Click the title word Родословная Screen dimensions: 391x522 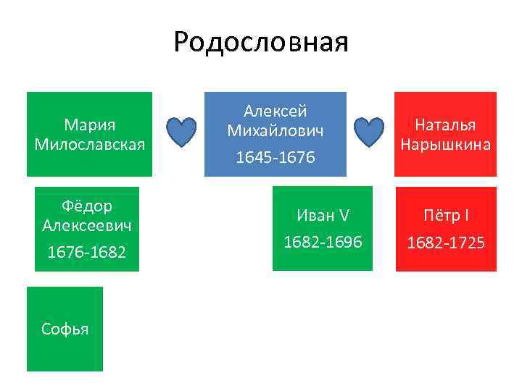[x=261, y=42]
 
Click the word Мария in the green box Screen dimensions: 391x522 [x=90, y=125]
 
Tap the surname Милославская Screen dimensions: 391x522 [x=90, y=143]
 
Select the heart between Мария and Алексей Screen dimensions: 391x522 [x=181, y=133]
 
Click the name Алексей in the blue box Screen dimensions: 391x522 [x=275, y=112]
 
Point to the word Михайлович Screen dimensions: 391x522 [x=275, y=130]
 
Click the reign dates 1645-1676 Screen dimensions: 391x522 [x=275, y=156]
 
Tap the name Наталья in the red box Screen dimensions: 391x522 [x=445, y=125]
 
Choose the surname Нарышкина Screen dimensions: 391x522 [x=445, y=144]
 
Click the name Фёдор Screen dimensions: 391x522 [x=87, y=206]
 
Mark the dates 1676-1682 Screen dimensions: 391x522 [x=87, y=252]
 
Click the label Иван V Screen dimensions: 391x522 [x=322, y=215]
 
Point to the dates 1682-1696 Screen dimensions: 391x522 [x=322, y=241]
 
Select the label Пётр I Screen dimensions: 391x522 [x=445, y=216]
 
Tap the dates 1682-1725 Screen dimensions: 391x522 [x=445, y=242]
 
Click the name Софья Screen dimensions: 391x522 [x=65, y=329]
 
